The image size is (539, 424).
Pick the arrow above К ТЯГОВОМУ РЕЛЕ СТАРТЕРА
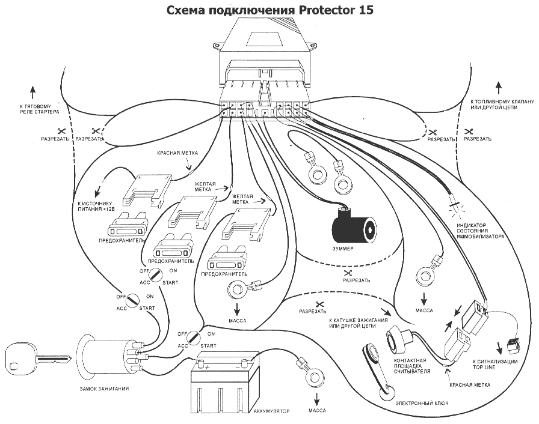[32, 92]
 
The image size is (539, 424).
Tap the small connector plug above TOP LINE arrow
[511, 344]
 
